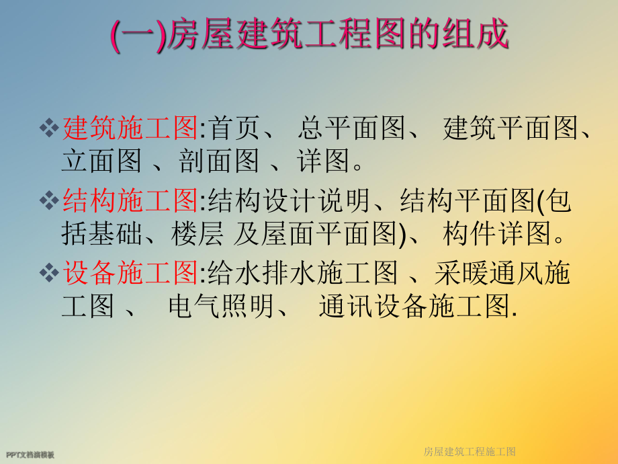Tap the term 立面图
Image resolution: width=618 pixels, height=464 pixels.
101,161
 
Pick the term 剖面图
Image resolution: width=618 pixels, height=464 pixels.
218,161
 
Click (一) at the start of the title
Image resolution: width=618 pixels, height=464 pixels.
136,36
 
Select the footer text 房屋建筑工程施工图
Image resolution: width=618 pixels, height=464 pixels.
470,451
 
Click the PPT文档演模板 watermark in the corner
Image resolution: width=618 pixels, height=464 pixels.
30,455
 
